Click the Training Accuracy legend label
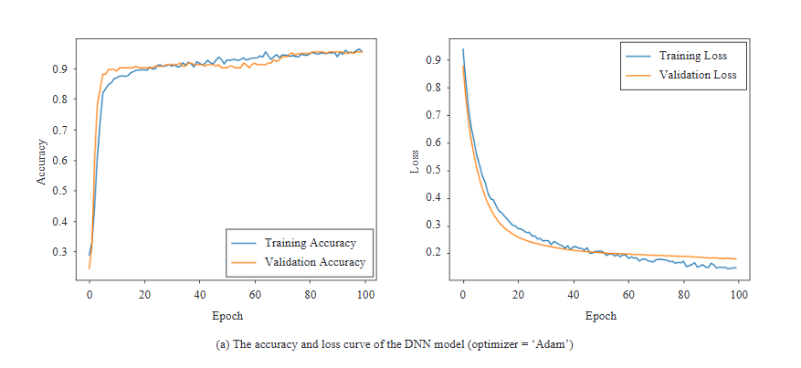310,243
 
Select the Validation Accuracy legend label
314,262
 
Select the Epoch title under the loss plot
601,316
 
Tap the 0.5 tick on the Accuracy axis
60,191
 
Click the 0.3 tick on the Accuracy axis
60,252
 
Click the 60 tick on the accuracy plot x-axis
256,296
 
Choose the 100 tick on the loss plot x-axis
739,296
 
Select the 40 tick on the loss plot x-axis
574,296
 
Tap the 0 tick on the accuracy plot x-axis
90,296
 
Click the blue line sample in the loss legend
638,56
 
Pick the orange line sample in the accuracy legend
244,262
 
